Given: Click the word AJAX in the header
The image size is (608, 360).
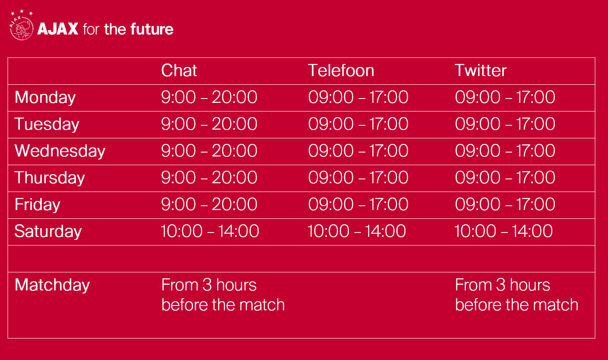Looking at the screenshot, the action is (58, 29).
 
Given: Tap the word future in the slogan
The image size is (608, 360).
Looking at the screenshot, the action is (152, 29).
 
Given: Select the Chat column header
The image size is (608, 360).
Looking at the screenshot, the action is (179, 70).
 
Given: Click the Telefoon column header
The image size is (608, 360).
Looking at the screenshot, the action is (341, 70).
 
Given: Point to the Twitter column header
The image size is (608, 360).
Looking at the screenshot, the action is (481, 70).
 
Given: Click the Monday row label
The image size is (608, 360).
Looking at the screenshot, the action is (45, 98).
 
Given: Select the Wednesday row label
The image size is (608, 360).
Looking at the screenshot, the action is (60, 151).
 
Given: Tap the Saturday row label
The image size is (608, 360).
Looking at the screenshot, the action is (48, 232).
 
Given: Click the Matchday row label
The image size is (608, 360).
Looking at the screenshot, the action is (52, 285).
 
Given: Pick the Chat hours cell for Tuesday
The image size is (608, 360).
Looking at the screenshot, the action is (209, 124).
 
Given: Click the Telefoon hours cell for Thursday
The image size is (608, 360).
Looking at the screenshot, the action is (358, 178).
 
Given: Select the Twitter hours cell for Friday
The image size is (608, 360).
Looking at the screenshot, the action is (505, 204).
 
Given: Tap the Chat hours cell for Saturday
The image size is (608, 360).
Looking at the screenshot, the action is (210, 231).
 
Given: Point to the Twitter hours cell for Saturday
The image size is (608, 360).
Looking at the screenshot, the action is (503, 231).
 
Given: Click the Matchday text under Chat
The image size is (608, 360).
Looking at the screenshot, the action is (223, 295).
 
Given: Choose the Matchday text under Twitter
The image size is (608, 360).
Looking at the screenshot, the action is (516, 295).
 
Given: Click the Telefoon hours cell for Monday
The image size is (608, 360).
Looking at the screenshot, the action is (358, 97).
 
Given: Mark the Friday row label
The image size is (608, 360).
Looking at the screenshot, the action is (38, 204).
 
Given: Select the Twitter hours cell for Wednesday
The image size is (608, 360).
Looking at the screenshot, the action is (505, 150).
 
